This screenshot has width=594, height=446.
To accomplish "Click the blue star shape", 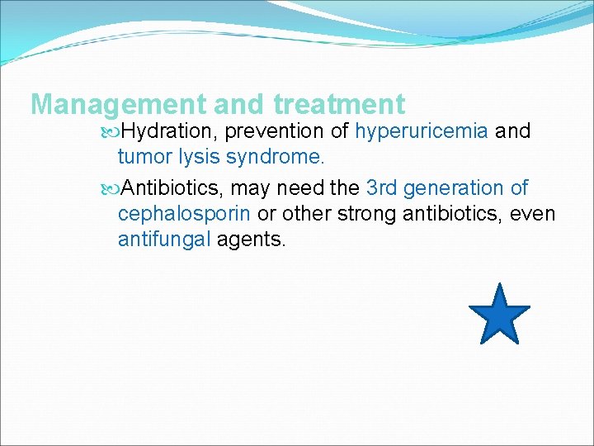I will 499,316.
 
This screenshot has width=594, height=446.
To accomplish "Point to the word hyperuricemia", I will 422,131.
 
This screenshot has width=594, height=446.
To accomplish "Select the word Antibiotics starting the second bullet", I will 172,188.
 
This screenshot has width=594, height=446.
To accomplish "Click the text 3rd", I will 383,188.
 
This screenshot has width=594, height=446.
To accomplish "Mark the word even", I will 534,215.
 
